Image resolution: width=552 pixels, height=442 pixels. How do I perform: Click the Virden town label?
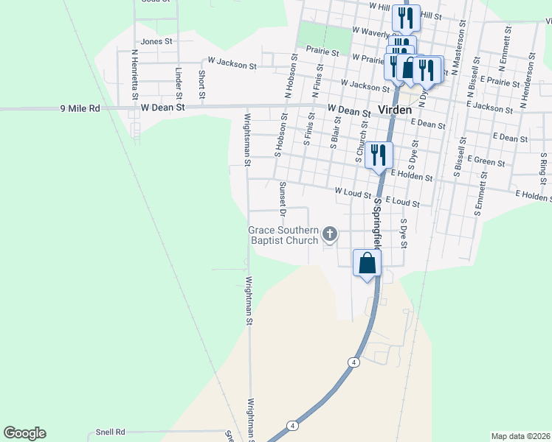pyautogui.click(x=394, y=110)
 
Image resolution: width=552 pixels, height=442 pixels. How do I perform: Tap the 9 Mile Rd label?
pyautogui.click(x=80, y=108)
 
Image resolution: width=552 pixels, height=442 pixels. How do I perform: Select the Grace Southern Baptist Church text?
pyautogui.click(x=283, y=235)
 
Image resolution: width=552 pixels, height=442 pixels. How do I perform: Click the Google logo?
pyautogui.click(x=24, y=433)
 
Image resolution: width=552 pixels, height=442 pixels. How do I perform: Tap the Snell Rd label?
pyautogui.click(x=111, y=432)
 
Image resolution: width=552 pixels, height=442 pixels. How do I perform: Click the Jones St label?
pyautogui.click(x=156, y=42)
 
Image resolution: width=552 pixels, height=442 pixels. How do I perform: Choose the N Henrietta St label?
pyautogui.click(x=135, y=74)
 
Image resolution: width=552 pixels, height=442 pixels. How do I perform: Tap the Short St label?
pyautogui.click(x=201, y=85)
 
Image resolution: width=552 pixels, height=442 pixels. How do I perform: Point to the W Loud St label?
pyautogui.click(x=352, y=194)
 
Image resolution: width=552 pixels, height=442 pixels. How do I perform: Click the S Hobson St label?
pyautogui.click(x=279, y=141)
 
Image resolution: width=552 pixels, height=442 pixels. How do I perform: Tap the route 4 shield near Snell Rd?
pyautogui.click(x=293, y=426)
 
